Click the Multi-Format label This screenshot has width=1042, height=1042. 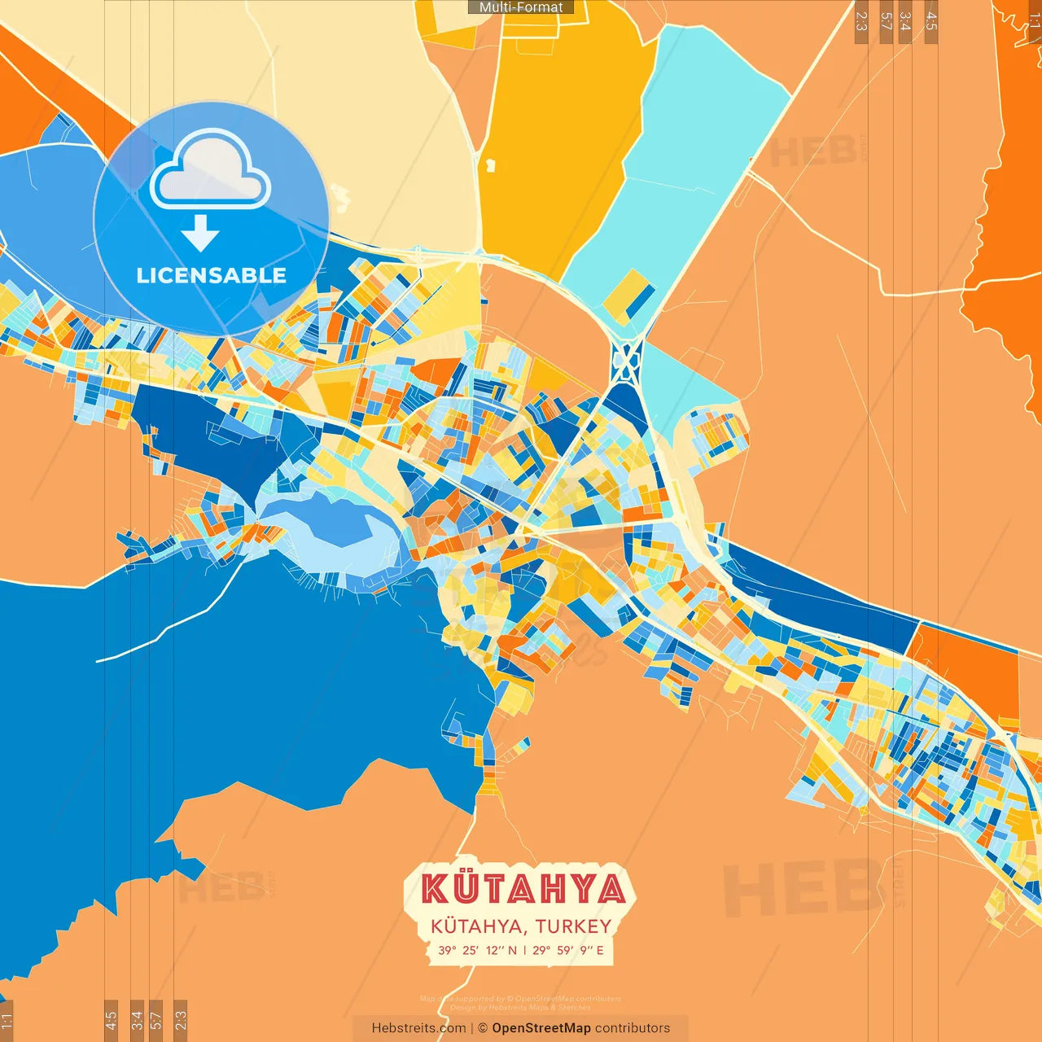pyautogui.click(x=521, y=7)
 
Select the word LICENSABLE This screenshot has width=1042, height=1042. pyautogui.click(x=211, y=275)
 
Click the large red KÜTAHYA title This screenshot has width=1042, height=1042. pyautogui.click(x=523, y=889)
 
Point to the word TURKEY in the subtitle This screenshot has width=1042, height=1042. pyautogui.click(x=573, y=926)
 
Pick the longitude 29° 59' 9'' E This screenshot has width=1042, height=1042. pyautogui.click(x=568, y=950)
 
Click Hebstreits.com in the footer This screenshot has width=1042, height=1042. pyautogui.click(x=418, y=1028)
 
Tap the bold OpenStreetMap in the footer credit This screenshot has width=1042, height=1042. pyautogui.click(x=541, y=1028)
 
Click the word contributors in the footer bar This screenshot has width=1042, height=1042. pyautogui.click(x=633, y=1028)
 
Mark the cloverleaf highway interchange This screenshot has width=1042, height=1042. pyautogui.click(x=627, y=361)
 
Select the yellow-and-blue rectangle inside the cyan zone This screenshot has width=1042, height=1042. pyautogui.click(x=628, y=296)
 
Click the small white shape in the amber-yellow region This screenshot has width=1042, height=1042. pyautogui.click(x=490, y=165)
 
